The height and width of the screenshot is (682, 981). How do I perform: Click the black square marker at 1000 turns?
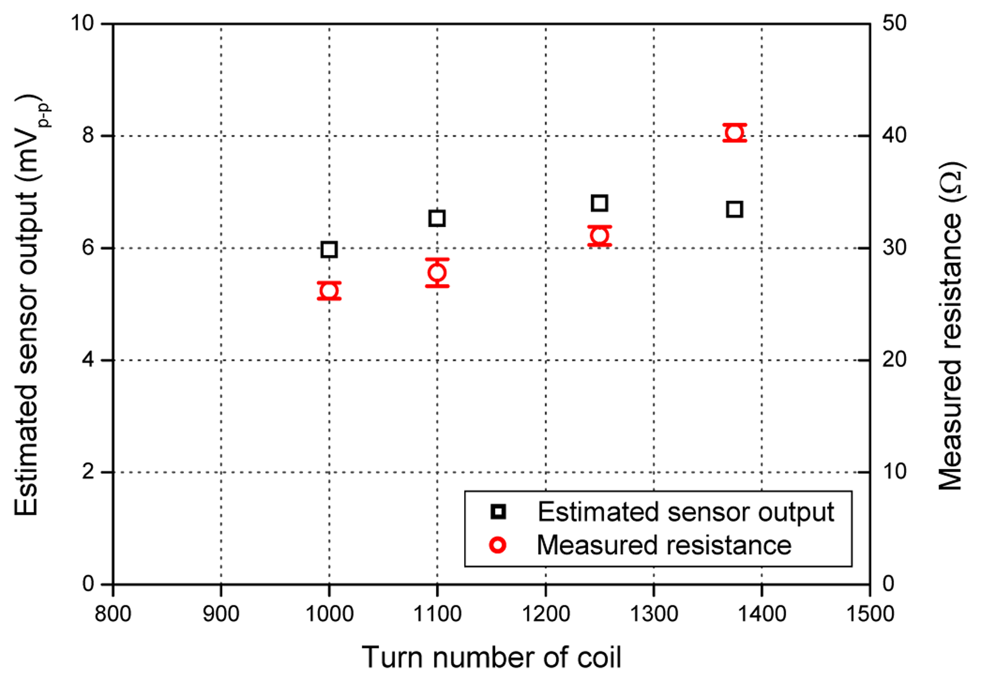tap(329, 249)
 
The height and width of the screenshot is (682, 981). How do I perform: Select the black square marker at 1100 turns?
tap(437, 218)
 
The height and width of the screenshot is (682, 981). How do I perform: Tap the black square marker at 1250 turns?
tap(599, 203)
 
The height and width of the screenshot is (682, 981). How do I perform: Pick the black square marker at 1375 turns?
tap(734, 209)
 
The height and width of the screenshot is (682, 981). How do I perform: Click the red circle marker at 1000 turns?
tap(329, 291)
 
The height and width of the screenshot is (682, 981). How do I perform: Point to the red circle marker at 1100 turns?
tap(437, 273)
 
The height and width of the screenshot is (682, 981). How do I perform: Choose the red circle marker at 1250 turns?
tap(599, 236)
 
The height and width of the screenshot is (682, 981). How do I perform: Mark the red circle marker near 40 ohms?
tap(734, 133)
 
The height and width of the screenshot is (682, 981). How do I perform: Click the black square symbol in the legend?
tap(498, 512)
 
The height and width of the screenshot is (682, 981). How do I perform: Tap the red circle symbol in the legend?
tap(498, 545)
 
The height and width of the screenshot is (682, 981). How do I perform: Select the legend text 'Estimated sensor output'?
tap(685, 512)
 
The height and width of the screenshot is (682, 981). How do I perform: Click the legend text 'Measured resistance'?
tap(664, 545)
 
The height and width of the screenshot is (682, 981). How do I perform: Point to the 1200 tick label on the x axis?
tap(546, 613)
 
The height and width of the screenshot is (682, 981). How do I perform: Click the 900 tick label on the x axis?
tap(221, 613)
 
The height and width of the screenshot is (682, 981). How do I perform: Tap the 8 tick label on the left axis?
tap(88, 136)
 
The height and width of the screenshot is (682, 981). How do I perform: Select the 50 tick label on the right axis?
tap(894, 24)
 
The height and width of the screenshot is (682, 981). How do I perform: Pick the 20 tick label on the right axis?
tap(894, 359)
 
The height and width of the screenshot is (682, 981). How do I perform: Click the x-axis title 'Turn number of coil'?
tap(491, 657)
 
